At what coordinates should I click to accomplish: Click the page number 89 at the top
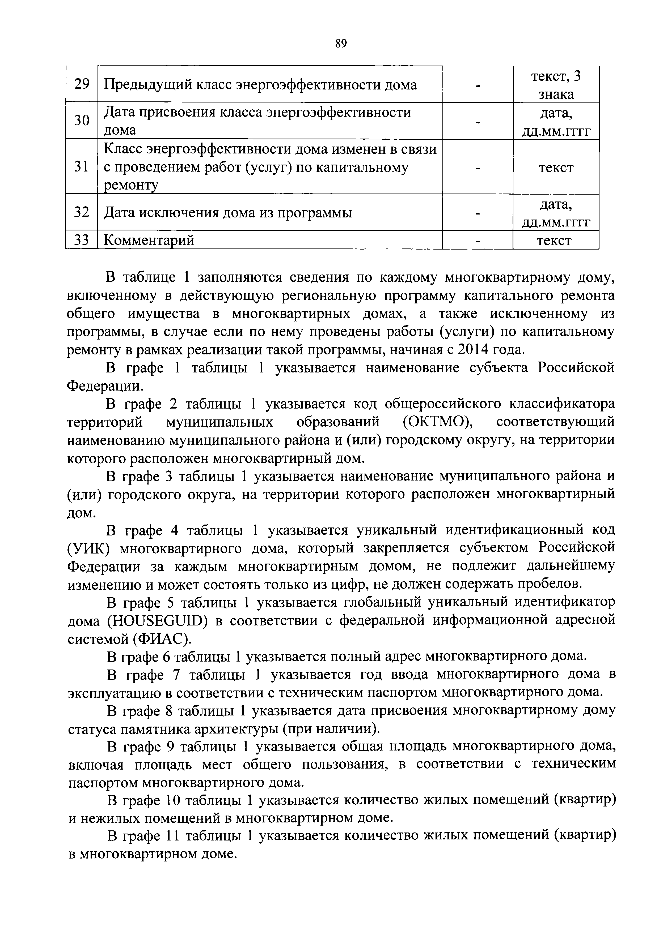pos(341,43)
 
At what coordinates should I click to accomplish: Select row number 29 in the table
pos(82,84)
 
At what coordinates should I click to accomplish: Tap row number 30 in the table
pos(82,121)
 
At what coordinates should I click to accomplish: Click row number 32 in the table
pos(82,212)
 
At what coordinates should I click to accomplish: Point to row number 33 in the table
pos(82,240)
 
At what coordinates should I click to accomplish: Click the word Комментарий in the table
pos(149,240)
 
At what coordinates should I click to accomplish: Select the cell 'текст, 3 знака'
pos(556,85)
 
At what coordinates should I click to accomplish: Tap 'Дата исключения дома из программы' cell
pos(228,212)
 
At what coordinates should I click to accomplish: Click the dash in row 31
pos(478,167)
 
